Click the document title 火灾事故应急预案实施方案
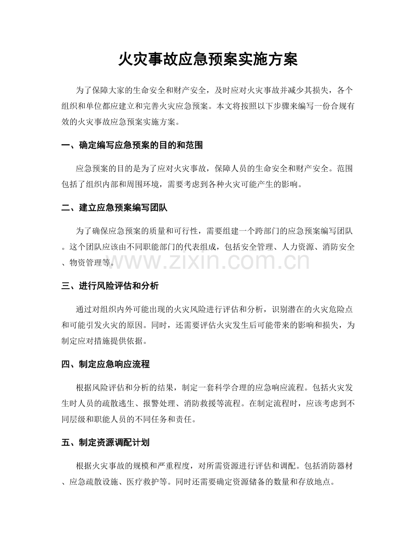208,60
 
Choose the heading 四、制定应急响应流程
105,365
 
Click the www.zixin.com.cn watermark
208,261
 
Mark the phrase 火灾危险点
331,310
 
